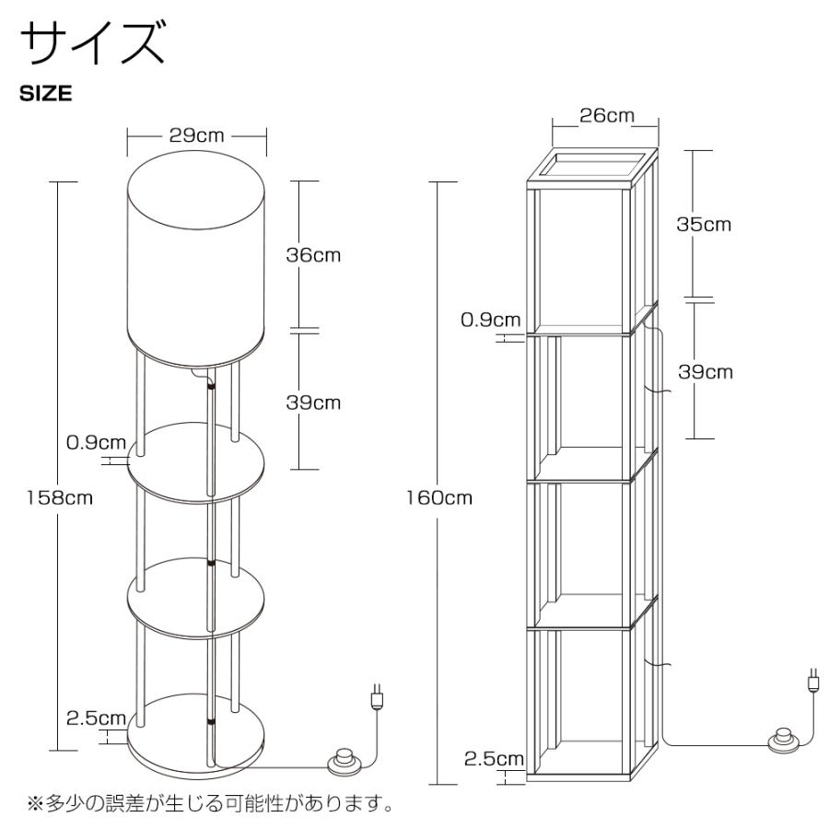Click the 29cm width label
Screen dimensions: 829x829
point(196,135)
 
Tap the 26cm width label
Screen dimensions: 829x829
point(606,116)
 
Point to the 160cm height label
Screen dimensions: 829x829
point(439,498)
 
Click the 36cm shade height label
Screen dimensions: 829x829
point(312,255)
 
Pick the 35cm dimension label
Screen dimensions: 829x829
point(705,224)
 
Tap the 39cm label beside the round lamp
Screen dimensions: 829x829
point(312,403)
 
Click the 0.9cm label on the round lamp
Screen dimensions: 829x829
point(96,442)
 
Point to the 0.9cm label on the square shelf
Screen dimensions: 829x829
point(490,320)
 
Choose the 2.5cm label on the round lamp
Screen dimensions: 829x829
point(96,718)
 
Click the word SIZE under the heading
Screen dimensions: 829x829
point(46,93)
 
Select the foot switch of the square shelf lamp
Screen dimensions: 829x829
point(785,739)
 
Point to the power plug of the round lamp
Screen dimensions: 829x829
point(376,695)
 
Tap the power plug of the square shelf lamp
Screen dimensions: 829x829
point(812,681)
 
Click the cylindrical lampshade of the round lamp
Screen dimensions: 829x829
point(196,258)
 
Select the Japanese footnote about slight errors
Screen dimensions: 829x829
point(210,804)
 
